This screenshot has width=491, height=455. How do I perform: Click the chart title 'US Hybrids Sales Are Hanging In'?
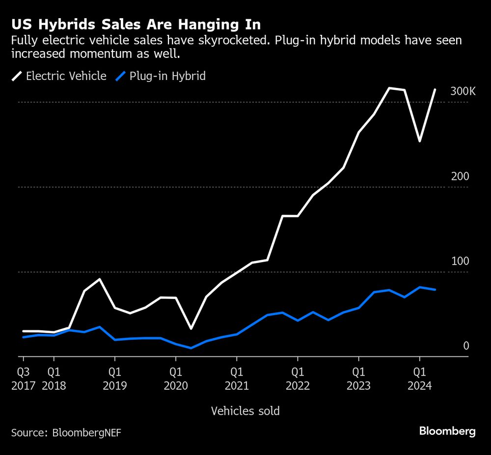tap(136, 25)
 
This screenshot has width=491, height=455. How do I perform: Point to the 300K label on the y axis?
tap(463, 92)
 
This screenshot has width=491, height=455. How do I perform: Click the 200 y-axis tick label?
tap(460, 177)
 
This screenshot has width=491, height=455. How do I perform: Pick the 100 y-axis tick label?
tap(460, 262)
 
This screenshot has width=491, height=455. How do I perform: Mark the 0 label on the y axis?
tap(466, 346)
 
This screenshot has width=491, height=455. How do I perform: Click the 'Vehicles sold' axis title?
tap(245, 411)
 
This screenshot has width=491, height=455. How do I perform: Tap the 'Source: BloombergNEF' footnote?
tap(66, 432)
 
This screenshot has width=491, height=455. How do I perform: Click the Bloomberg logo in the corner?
tap(447, 431)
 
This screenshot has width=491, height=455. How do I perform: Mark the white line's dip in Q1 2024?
tap(419, 141)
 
